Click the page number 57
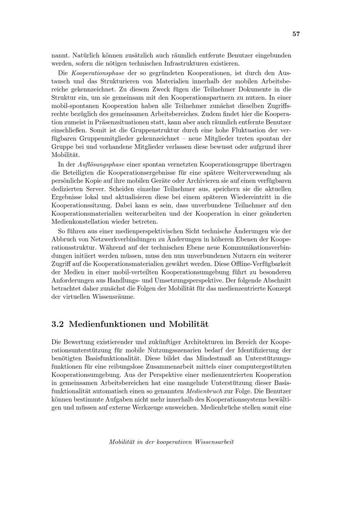[x=296, y=34]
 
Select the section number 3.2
[x=58, y=324]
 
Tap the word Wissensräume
[x=113, y=297]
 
